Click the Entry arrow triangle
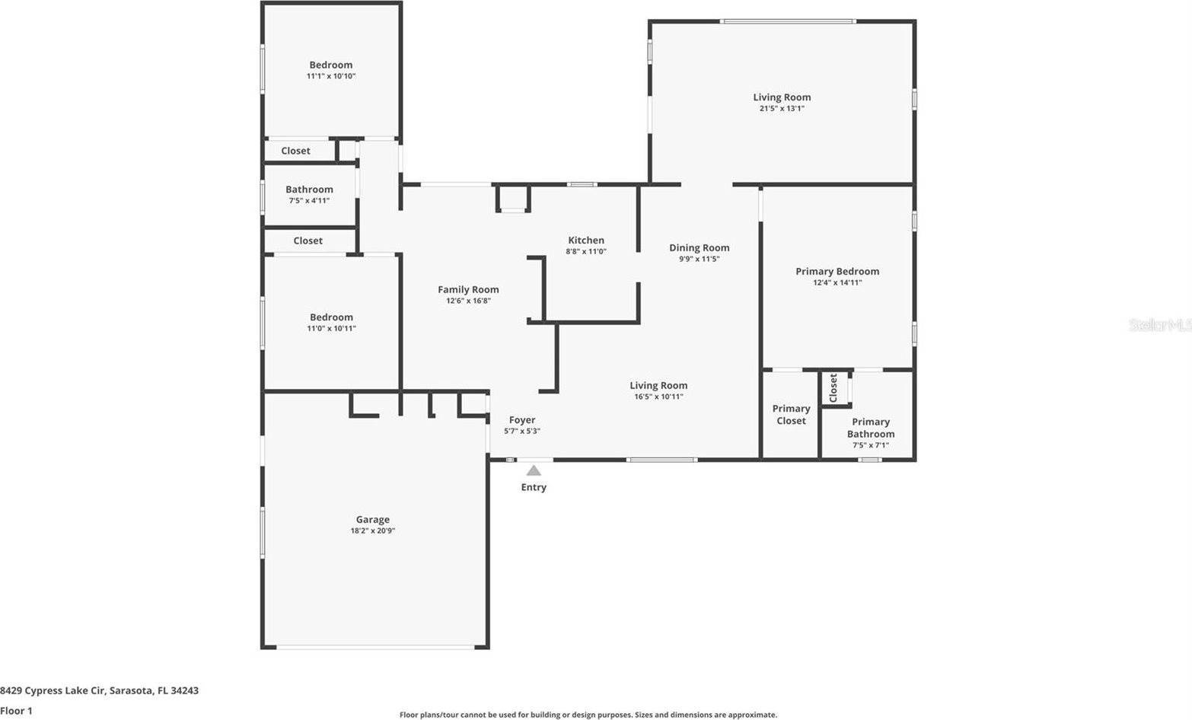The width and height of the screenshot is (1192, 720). (x=534, y=470)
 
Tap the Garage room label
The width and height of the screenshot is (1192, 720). (x=372, y=519)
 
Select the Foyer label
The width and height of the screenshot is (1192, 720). (x=522, y=419)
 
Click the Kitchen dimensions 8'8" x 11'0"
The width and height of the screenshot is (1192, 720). (x=585, y=251)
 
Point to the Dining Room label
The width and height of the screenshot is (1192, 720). (x=699, y=247)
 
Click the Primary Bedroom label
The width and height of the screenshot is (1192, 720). (x=837, y=271)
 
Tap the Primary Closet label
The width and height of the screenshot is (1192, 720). (x=791, y=415)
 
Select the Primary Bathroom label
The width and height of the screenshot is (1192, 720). (x=871, y=428)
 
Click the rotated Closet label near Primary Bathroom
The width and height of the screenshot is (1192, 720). (x=833, y=387)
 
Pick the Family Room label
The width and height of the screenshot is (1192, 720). (x=468, y=289)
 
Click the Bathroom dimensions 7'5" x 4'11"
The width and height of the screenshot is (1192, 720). (x=309, y=201)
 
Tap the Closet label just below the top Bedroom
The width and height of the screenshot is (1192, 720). (x=295, y=151)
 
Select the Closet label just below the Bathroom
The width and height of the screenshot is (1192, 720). (x=308, y=241)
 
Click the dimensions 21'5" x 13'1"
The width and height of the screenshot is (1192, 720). (x=782, y=108)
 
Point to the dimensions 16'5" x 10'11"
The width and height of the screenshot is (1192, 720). (x=658, y=397)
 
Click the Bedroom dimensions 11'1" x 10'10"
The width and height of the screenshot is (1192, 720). (x=331, y=76)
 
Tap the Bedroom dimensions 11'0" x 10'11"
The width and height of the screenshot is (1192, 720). (x=331, y=329)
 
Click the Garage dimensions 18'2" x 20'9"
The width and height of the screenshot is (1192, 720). (x=372, y=530)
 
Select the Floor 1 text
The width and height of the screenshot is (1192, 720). (x=17, y=711)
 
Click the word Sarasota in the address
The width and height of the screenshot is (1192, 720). (x=130, y=691)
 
